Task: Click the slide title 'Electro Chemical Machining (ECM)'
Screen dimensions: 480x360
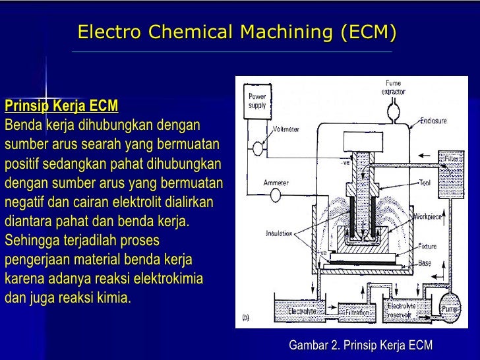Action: point(237,32)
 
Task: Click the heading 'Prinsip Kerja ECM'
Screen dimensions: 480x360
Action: point(61,105)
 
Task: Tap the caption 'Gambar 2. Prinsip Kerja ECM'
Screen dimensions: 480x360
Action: point(360,345)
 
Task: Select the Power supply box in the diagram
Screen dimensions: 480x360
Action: point(256,102)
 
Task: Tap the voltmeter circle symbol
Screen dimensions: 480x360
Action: point(253,150)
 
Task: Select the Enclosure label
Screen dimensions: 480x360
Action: point(433,121)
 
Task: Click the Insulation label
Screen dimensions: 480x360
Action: point(279,233)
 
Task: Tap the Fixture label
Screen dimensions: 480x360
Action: point(427,247)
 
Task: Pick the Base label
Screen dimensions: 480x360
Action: point(425,263)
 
